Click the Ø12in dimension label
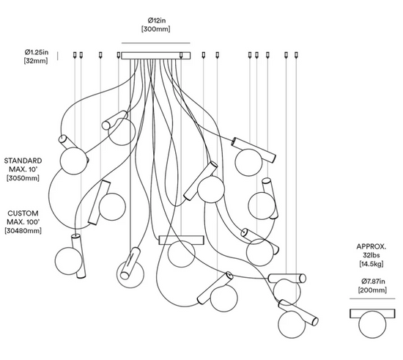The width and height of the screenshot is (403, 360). pyautogui.click(x=157, y=20)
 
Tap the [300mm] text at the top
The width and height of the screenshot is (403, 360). pyautogui.click(x=156, y=29)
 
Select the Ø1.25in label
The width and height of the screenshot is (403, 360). pyautogui.click(x=37, y=52)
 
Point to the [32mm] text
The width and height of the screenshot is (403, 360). pyautogui.click(x=36, y=61)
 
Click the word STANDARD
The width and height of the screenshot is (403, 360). pyautogui.click(x=23, y=161)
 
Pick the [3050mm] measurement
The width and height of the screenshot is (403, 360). pyautogui.click(x=23, y=178)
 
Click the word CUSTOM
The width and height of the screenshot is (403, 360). pyautogui.click(x=23, y=213)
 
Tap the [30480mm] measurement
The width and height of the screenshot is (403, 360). pyautogui.click(x=23, y=231)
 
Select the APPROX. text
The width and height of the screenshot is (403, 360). pyautogui.click(x=371, y=246)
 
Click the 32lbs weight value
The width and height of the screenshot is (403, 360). pyautogui.click(x=371, y=255)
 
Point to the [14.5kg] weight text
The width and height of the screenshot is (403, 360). pyautogui.click(x=371, y=264)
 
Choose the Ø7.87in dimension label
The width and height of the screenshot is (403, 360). pyautogui.click(x=373, y=282)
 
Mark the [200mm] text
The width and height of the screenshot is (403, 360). pyautogui.click(x=372, y=290)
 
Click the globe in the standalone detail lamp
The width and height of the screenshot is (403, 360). pyautogui.click(x=372, y=325)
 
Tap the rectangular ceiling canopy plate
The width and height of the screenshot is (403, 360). pyautogui.click(x=156, y=56)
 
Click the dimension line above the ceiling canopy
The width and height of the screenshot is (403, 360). pyautogui.click(x=156, y=43)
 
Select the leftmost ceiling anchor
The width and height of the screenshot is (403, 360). pyautogui.click(x=75, y=55)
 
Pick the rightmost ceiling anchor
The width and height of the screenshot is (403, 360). pyautogui.click(x=296, y=55)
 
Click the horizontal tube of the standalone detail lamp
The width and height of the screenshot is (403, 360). pyautogui.click(x=372, y=314)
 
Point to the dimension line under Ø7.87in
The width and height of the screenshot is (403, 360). pyautogui.click(x=372, y=299)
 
